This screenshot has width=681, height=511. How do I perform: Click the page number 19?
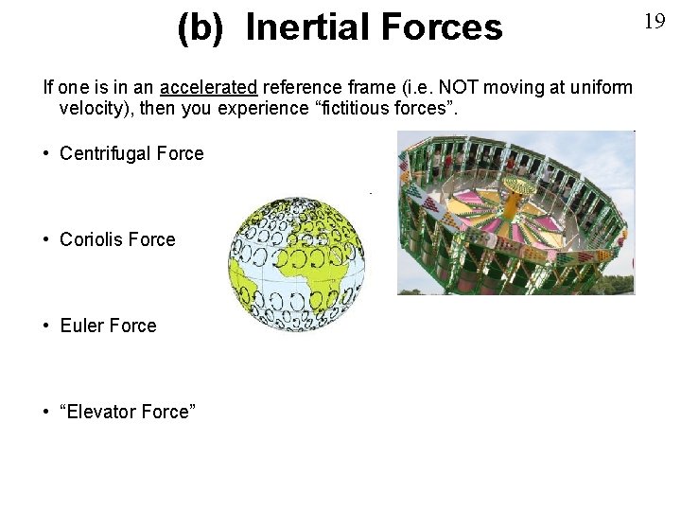655,22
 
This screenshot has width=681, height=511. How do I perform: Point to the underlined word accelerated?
208,88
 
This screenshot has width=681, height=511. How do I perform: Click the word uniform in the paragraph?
602,88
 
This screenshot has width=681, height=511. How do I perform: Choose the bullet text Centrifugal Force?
131,153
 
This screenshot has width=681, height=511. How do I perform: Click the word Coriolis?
92,239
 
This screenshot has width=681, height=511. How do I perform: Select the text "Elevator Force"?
128,412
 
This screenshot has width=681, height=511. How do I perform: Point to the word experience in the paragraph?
256,109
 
